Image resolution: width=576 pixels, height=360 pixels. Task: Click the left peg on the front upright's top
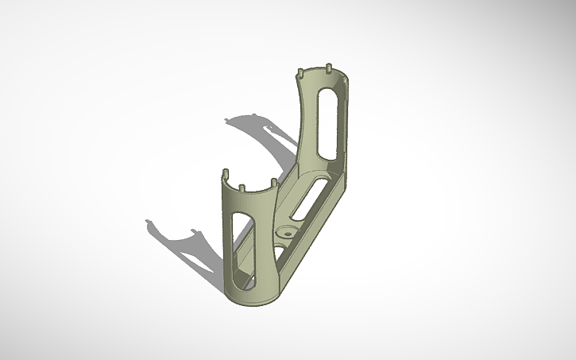pos(224,172)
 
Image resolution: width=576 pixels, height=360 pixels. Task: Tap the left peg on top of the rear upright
pos(299,74)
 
